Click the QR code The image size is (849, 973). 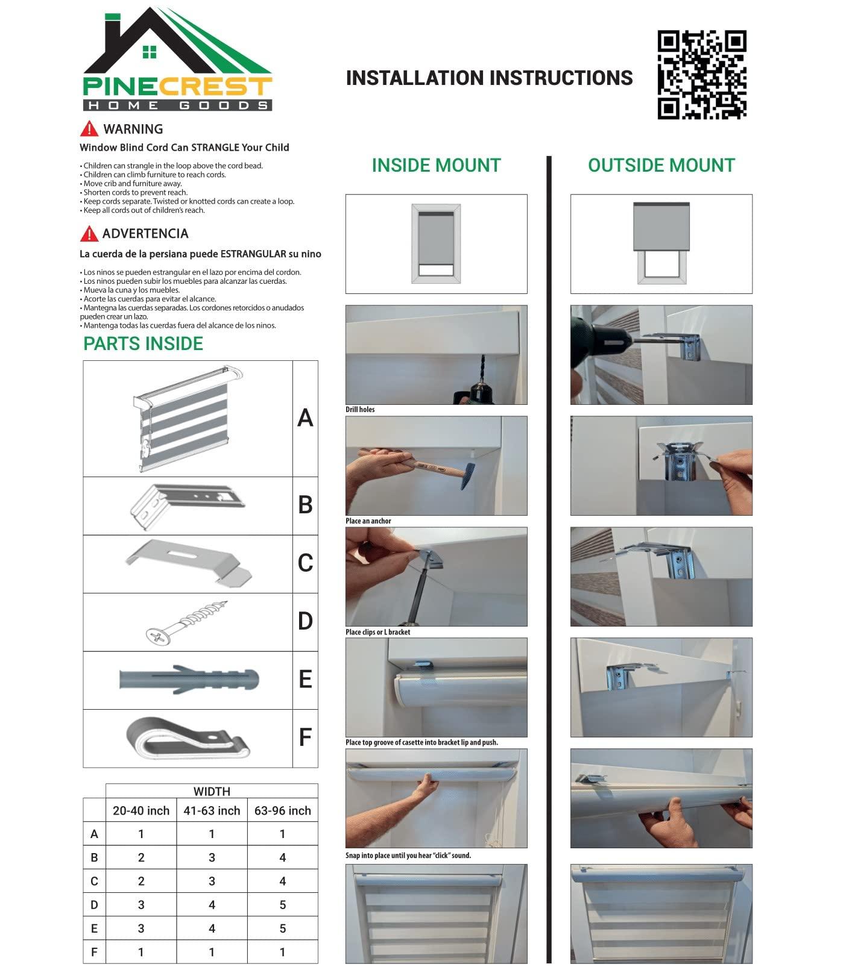click(702, 75)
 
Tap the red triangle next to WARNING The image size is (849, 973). click(89, 129)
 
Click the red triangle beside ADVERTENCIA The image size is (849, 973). click(89, 234)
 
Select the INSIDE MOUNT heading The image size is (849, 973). click(436, 165)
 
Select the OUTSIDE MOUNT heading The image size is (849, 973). click(661, 165)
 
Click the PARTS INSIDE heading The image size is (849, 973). click(143, 343)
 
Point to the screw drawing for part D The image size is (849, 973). click(187, 622)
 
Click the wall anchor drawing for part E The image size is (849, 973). click(189, 680)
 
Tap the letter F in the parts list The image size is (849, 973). click(305, 737)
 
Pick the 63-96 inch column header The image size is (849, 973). click(282, 811)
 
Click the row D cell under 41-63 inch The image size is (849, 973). click(212, 905)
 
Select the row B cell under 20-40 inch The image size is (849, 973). click(141, 857)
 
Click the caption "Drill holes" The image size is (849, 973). click(360, 410)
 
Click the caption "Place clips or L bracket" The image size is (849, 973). click(377, 632)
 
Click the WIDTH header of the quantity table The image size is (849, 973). click(212, 792)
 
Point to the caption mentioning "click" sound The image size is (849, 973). click(408, 856)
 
